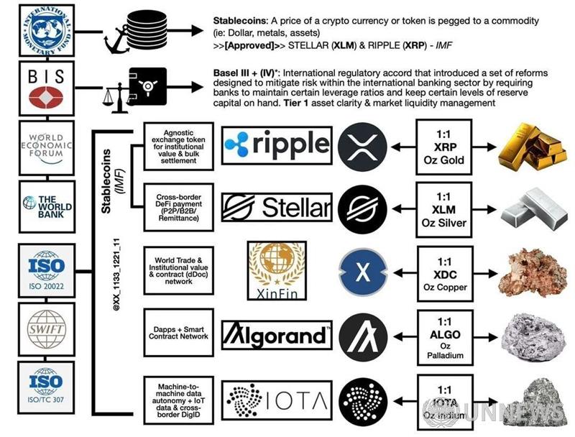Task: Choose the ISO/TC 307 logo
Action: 40,387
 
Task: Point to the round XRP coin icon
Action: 363,147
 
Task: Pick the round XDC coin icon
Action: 363,271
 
